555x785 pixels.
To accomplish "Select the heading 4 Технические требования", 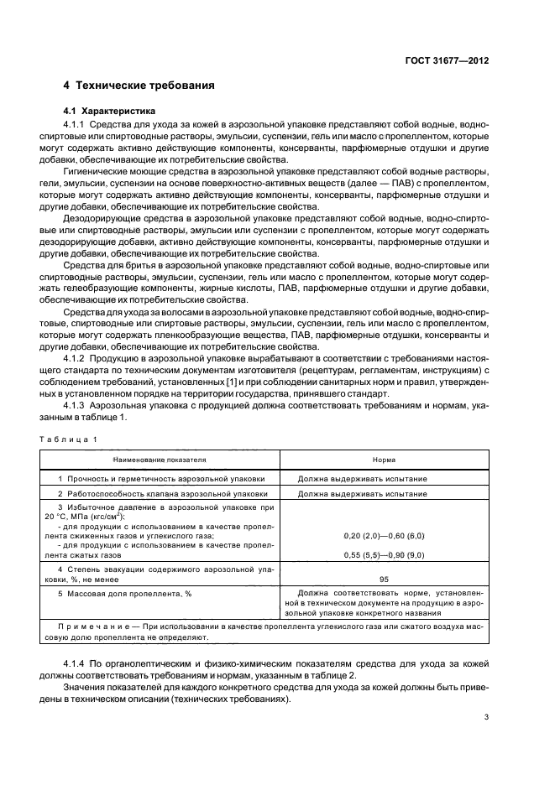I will point(139,86).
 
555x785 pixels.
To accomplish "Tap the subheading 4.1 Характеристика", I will point(109,111).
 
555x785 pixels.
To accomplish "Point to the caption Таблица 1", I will point(71,439).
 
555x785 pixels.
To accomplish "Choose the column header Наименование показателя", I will point(160,460).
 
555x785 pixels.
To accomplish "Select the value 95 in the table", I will point(384,578).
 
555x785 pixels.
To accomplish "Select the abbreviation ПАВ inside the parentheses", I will point(403,182).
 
